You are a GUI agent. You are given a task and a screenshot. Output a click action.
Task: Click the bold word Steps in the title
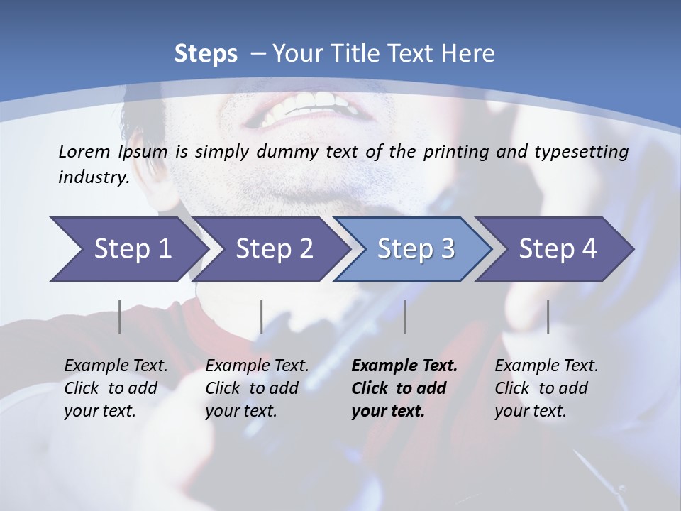(206, 54)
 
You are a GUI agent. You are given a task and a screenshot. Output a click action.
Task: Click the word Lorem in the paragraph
(84, 151)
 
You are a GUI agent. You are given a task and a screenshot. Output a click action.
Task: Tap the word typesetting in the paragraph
(586, 152)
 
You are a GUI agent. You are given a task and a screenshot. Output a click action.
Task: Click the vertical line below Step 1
(120, 317)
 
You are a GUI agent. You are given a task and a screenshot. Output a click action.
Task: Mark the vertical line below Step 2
(262, 317)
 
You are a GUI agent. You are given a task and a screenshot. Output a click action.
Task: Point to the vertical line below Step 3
(404, 317)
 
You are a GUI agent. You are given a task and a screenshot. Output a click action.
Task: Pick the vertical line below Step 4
(548, 317)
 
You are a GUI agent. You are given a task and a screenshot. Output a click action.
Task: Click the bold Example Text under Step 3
(404, 366)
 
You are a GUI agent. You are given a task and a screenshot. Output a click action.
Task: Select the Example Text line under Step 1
(116, 366)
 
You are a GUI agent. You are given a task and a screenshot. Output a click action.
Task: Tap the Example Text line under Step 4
(546, 366)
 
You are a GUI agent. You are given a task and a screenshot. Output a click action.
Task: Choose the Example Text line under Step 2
(257, 366)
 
